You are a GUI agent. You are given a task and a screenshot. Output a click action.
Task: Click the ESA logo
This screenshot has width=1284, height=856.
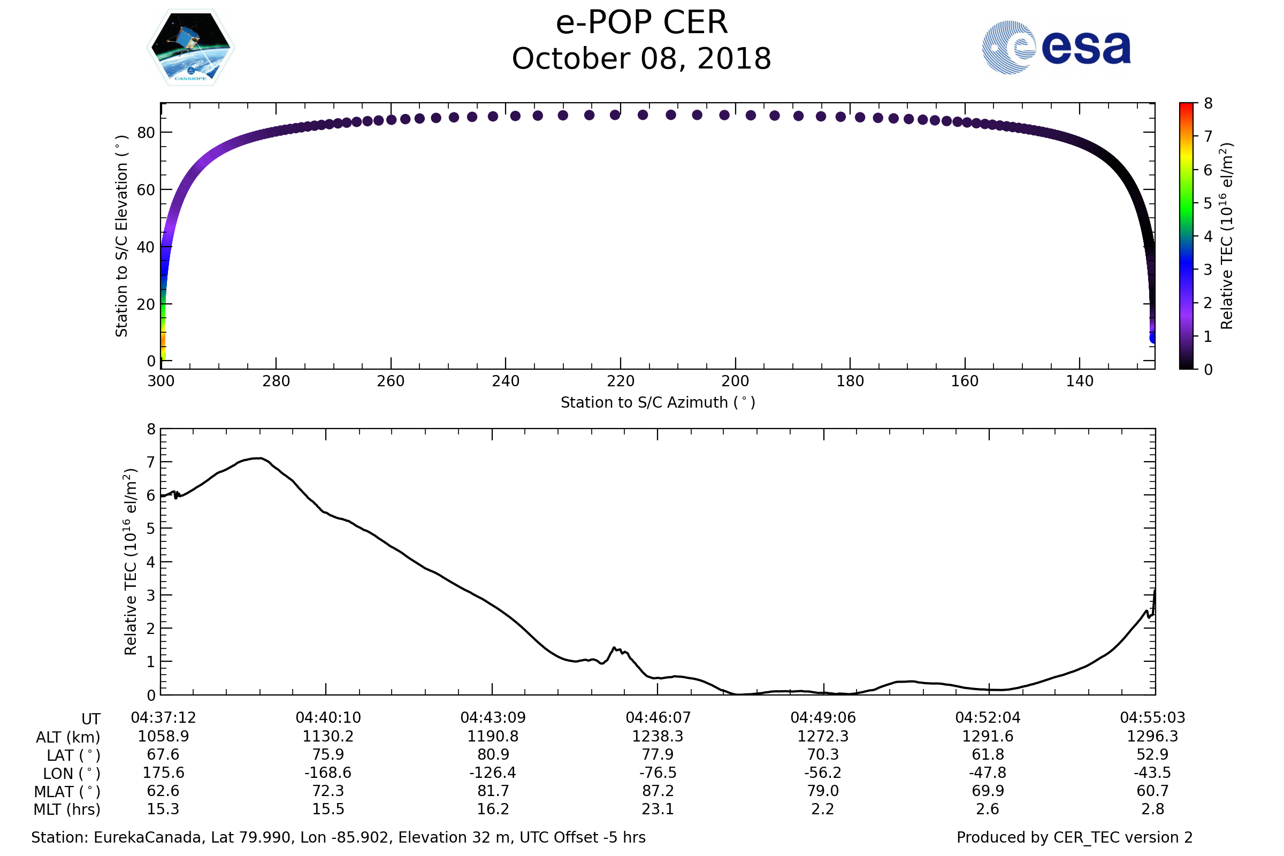click(x=1056, y=48)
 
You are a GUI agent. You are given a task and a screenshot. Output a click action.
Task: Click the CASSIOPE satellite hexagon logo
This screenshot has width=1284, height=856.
click(x=190, y=48)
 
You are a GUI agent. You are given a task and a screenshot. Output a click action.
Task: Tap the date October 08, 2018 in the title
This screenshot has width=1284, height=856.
click(x=641, y=59)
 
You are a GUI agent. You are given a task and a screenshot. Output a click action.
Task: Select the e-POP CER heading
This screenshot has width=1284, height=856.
click(x=641, y=23)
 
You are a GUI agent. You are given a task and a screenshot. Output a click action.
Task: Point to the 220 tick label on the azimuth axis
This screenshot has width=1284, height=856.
click(x=620, y=381)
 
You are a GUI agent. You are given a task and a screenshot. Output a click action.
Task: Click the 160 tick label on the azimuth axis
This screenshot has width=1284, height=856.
click(x=965, y=381)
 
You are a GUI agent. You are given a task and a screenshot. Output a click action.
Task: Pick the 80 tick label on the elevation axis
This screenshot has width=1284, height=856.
click(x=146, y=133)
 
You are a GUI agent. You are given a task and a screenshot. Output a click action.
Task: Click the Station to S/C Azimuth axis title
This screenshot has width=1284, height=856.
click(x=658, y=402)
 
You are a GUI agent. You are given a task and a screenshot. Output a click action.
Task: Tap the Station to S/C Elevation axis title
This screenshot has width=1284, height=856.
click(x=121, y=236)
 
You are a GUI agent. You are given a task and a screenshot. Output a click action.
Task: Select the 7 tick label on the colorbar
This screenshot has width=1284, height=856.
click(x=1208, y=136)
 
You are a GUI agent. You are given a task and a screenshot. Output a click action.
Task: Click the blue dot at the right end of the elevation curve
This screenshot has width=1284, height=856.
click(x=1153, y=339)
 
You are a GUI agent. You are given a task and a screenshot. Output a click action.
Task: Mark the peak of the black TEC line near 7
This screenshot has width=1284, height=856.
click(x=260, y=458)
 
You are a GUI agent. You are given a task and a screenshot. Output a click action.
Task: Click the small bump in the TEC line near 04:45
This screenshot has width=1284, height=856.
click(x=615, y=648)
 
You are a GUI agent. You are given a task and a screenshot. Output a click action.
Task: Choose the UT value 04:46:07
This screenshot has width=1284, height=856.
click(x=658, y=717)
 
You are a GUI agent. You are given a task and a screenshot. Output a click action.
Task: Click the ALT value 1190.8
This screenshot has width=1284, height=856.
click(x=492, y=737)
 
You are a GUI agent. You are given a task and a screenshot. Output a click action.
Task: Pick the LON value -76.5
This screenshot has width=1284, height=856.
click(x=658, y=773)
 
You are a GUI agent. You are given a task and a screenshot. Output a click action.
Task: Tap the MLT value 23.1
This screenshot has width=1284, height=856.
click(x=658, y=809)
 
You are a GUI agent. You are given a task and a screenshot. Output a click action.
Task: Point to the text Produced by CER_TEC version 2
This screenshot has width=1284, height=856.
click(x=1074, y=837)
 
